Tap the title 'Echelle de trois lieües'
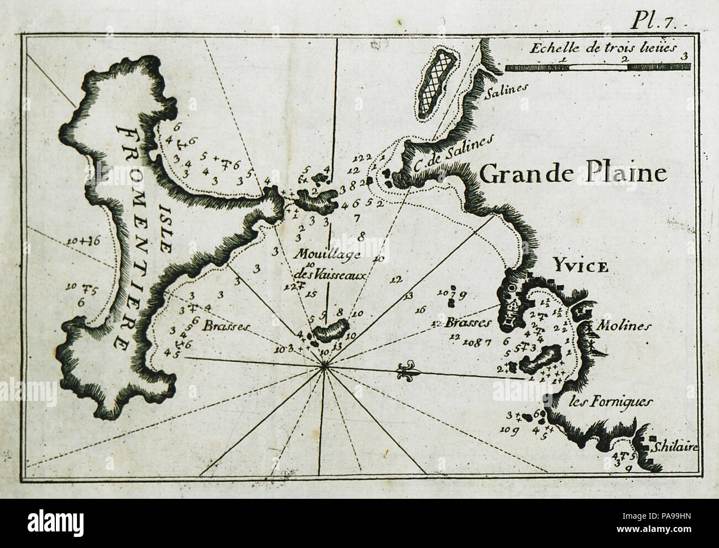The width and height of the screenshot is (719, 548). [x=603, y=47]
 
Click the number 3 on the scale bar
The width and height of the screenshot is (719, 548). [x=685, y=56]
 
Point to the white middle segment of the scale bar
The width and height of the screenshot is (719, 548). [x=598, y=67]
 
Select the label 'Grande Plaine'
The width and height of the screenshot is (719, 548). [x=572, y=174]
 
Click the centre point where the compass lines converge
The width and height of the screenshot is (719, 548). [x=325, y=365]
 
